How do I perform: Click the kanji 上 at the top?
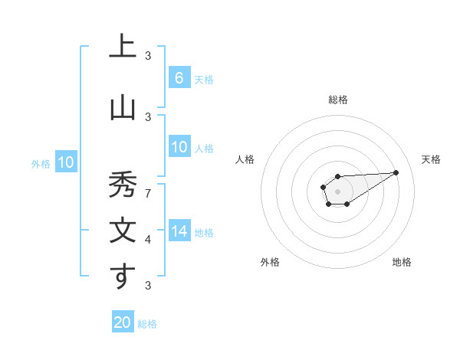click(122, 47)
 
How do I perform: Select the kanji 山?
click(122, 109)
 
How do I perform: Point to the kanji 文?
click(122, 231)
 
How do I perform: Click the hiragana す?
click(122, 277)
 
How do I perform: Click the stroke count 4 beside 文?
click(148, 240)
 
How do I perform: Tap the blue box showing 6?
click(179, 78)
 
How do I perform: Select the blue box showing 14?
click(179, 231)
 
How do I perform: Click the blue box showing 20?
click(123, 322)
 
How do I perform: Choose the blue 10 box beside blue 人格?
click(179, 147)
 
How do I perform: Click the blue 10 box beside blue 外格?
click(66, 162)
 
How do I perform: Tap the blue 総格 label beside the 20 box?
click(147, 324)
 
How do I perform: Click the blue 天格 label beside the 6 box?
click(204, 80)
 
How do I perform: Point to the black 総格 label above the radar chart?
click(337, 100)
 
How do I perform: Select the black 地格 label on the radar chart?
click(402, 262)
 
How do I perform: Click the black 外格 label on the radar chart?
click(270, 262)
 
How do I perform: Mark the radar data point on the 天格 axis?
click(396, 172)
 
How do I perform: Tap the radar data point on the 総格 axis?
click(337, 176)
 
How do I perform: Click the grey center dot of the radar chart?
click(337, 191)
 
